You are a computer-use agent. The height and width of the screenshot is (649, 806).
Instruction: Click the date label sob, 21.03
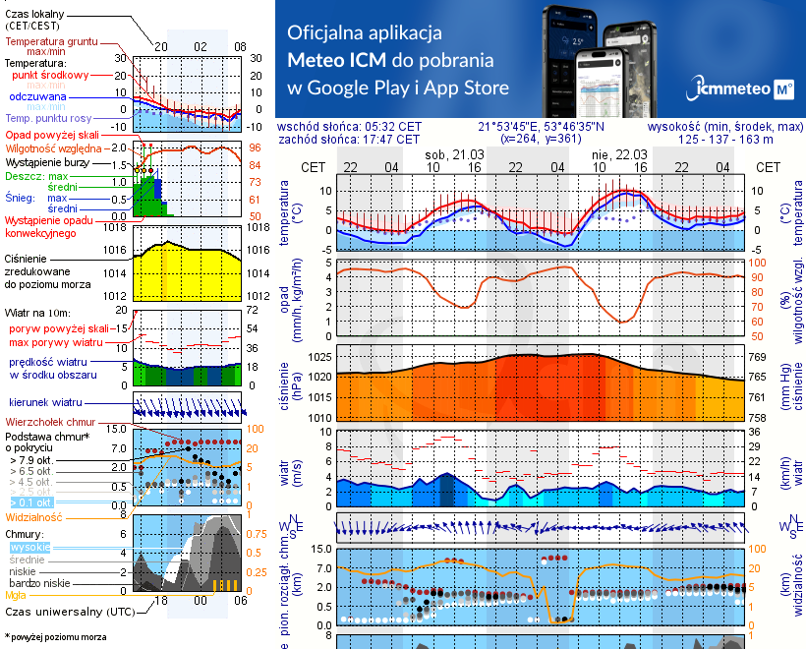coord(451,154)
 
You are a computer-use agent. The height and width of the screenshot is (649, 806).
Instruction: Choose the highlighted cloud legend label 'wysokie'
coord(29,547)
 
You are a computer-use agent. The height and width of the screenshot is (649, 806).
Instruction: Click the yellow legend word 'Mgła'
coord(16,595)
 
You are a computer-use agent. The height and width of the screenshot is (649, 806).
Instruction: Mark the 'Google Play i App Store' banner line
coord(398,88)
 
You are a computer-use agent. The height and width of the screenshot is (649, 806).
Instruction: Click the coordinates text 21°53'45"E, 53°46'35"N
coord(542,127)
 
